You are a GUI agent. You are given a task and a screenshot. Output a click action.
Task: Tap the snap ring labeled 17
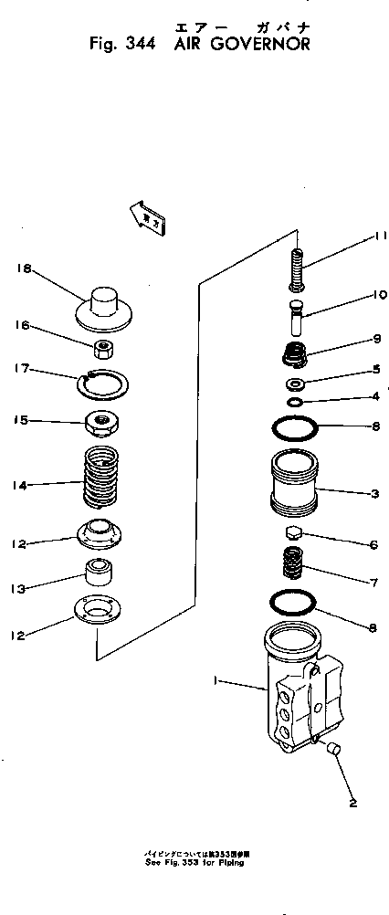[x=107, y=381]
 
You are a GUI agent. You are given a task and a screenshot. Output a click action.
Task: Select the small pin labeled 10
[x=296, y=318]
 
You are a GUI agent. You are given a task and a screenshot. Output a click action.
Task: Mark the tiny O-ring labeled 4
[x=295, y=402]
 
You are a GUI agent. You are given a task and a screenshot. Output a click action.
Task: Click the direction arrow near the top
[x=145, y=216]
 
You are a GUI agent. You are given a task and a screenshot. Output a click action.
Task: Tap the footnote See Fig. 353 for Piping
[x=194, y=860]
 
